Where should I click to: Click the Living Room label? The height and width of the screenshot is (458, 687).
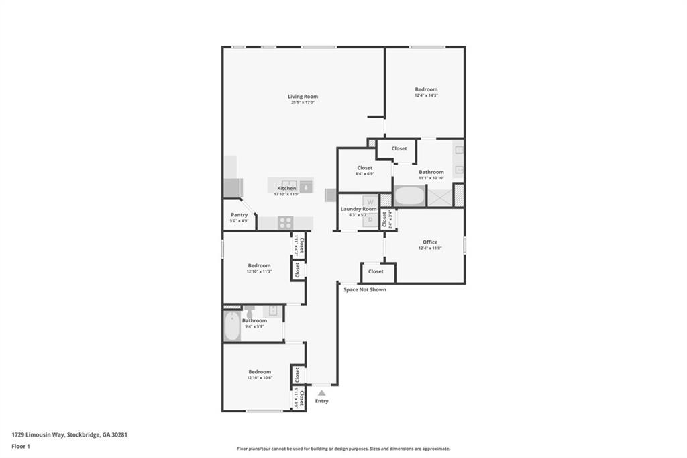303,97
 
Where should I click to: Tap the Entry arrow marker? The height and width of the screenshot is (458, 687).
322,393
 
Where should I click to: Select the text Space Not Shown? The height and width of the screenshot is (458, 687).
364,289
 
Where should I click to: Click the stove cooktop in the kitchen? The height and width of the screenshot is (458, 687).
285,223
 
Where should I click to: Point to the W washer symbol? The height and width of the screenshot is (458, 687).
370,201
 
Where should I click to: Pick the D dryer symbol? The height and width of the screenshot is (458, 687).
370,218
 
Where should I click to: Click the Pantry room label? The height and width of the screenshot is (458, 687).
239,215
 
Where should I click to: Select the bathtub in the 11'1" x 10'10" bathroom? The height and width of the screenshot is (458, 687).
409,197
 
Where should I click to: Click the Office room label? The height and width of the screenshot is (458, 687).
430,242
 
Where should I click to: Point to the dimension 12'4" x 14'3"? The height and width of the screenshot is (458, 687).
426,95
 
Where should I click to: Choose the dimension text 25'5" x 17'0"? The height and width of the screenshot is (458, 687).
303,103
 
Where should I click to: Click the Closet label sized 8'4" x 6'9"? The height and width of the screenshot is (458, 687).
365,168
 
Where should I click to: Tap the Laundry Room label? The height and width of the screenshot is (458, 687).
358,209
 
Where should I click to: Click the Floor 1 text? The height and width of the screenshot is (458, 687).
21,446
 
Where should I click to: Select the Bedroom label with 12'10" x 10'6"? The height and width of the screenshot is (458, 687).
260,372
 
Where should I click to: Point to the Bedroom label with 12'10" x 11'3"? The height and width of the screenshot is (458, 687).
259,265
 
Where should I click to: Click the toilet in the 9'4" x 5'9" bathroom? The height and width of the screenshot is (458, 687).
250,312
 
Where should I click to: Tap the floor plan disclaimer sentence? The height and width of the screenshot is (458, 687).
343,449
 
